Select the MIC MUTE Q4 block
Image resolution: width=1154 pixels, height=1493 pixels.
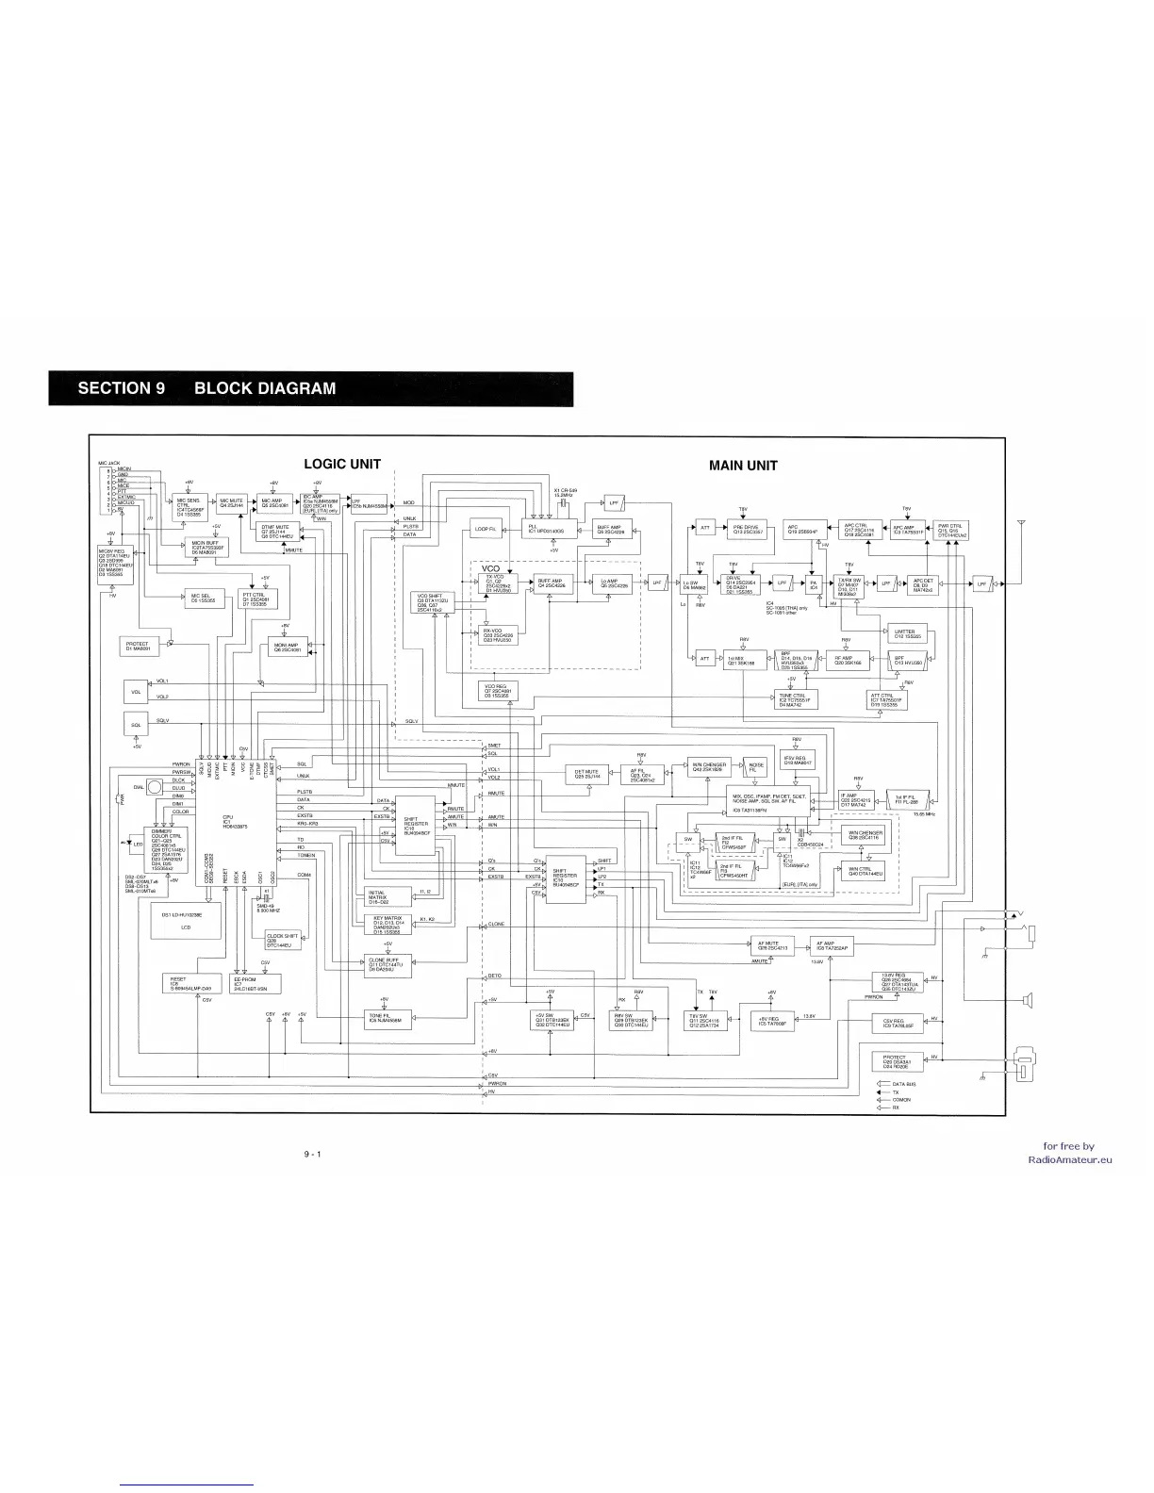[230, 503]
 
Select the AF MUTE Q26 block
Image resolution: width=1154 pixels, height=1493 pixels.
[772, 944]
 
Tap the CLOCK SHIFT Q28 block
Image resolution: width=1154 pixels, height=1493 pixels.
[283, 940]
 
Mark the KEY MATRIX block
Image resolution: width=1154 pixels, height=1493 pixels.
[388, 926]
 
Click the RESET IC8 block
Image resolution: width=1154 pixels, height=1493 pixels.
[185, 985]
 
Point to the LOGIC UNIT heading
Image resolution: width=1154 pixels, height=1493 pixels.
[341, 465]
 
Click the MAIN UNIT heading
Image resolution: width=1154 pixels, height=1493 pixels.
[743, 465]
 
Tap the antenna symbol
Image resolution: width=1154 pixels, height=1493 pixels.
[1021, 524]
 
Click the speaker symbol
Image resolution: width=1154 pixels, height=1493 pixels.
[1026, 1001]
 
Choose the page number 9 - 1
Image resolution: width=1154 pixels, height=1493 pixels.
[313, 1155]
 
